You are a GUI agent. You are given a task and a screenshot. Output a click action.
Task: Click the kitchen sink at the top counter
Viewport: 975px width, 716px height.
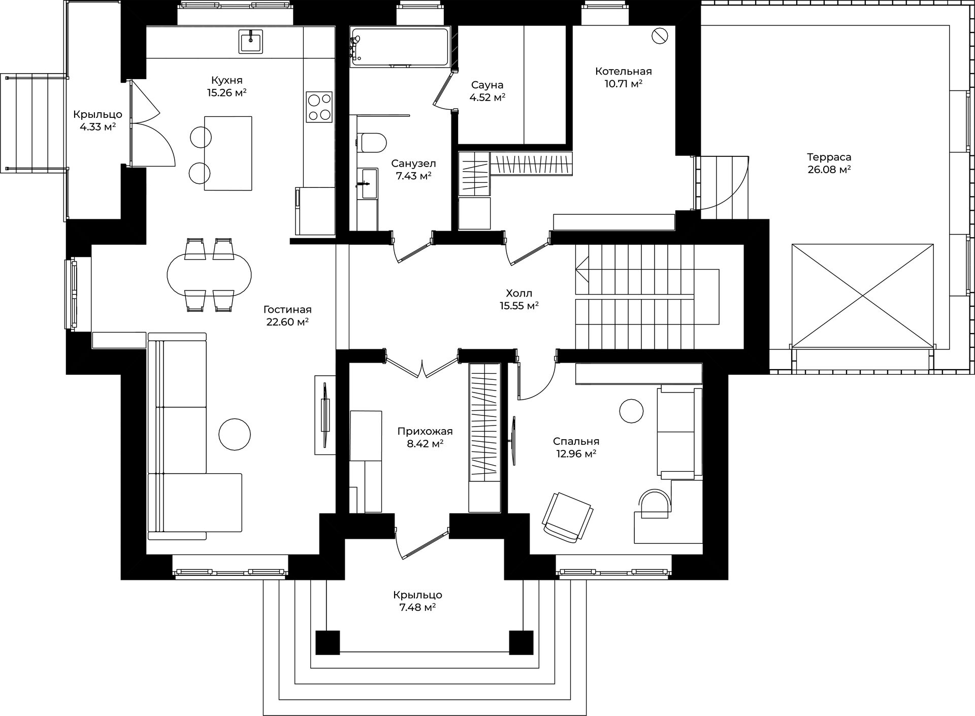pos(251,41)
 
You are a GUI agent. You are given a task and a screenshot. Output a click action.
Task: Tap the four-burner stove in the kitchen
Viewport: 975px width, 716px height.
pos(319,107)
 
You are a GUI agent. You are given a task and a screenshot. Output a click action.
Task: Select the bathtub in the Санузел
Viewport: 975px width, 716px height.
pos(399,46)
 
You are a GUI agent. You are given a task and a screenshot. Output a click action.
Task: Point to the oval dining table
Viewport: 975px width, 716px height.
pos(209,274)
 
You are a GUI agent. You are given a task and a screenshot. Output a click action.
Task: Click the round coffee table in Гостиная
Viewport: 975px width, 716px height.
pos(234,434)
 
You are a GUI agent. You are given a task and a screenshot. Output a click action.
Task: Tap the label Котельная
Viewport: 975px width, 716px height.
pos(623,71)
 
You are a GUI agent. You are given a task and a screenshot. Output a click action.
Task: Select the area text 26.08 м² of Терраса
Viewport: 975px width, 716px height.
pos(829,170)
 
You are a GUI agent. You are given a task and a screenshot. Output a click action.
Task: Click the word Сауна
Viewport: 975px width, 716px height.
pos(487,85)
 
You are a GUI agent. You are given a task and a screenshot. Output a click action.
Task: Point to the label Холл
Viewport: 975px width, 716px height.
pos(519,293)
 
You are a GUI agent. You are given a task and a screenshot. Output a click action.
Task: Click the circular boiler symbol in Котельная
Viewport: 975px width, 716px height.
pos(660,36)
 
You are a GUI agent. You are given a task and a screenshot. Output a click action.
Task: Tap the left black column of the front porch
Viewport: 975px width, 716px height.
pos(328,642)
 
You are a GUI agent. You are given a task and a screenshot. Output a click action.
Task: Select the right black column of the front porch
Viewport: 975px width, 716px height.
pos(521,642)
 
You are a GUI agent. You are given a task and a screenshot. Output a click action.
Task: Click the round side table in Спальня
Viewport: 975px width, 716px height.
pos(631,411)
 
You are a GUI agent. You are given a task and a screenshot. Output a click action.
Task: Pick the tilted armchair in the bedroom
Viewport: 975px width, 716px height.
pos(568,517)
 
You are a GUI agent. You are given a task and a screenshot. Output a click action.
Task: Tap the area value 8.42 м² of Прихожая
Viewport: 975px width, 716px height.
pos(425,444)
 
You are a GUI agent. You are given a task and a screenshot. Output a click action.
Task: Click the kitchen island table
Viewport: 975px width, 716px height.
pos(228,153)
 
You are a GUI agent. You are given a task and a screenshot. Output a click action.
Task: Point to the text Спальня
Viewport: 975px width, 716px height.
pos(576,441)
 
